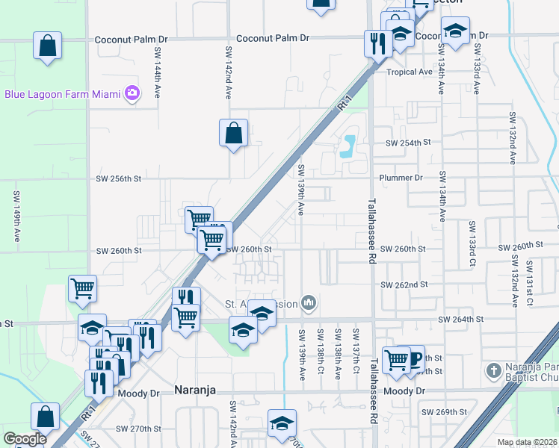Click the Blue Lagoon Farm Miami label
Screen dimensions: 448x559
64,94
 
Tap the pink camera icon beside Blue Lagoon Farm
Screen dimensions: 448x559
133,93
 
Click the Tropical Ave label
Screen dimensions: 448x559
410,72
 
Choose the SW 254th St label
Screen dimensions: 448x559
408,142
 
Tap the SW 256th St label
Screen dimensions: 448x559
119,179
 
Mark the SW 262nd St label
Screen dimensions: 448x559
404,284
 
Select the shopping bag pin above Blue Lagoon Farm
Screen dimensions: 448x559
47,46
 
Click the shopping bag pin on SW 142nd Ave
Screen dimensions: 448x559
233,133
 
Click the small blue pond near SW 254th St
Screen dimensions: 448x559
348,146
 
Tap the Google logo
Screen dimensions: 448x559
24,439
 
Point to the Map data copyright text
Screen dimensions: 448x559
528,442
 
